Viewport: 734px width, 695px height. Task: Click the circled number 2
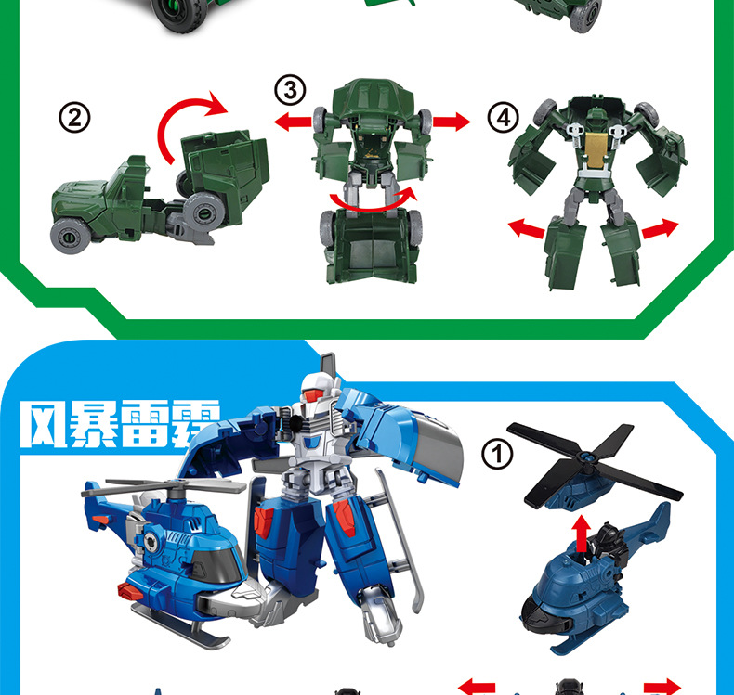click(74, 117)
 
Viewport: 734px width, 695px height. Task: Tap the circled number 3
click(290, 90)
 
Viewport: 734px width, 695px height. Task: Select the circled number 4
click(504, 117)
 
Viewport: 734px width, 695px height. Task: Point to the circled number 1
click(497, 454)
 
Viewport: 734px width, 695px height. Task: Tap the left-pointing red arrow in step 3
click(293, 122)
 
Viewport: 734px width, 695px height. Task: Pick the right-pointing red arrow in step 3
click(452, 122)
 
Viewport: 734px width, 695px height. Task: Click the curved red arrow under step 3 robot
click(370, 206)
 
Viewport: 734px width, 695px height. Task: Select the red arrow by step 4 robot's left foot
click(527, 228)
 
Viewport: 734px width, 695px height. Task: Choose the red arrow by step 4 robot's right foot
click(660, 228)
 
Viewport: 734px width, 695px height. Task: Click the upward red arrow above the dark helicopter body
click(582, 533)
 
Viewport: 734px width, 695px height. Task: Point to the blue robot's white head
click(317, 389)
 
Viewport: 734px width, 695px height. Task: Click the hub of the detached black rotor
click(585, 457)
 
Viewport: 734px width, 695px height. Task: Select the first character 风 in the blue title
click(43, 423)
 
